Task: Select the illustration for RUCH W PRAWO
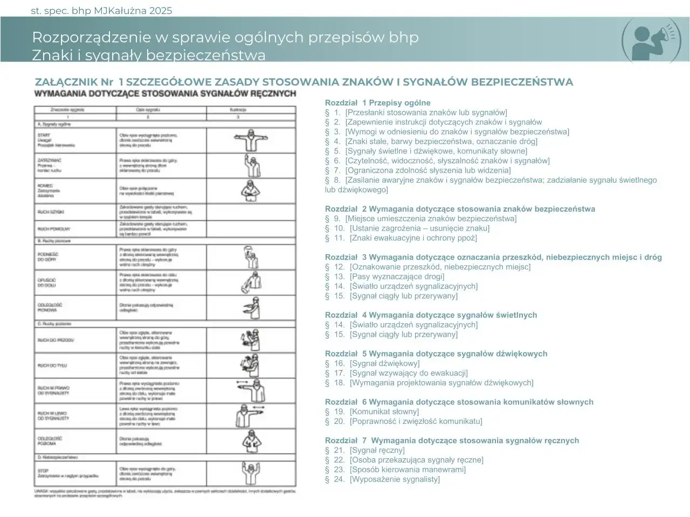251,390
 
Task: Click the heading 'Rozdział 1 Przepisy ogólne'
377,103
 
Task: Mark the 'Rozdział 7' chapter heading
452,441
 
